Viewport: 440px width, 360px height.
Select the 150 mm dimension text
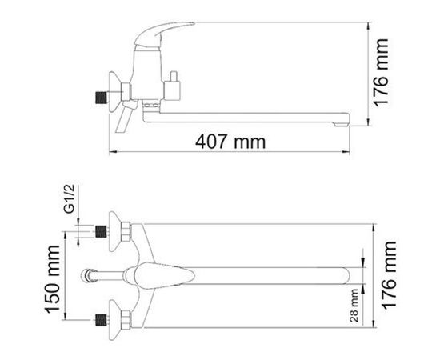(52, 278)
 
